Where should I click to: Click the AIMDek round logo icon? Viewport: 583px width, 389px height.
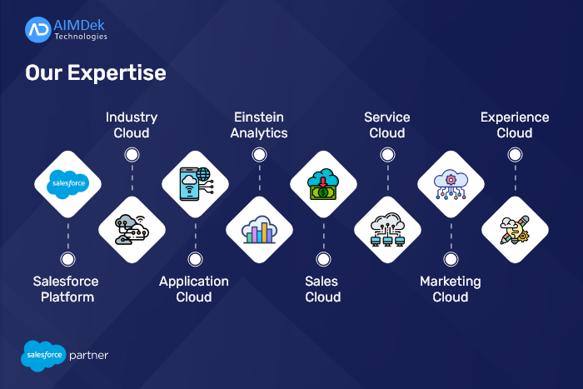point(38,30)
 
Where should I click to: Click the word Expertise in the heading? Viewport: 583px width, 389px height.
point(117,73)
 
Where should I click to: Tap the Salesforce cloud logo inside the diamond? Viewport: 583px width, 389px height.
point(68,184)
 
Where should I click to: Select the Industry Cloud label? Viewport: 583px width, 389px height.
point(132,125)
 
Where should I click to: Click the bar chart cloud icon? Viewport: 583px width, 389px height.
point(259,230)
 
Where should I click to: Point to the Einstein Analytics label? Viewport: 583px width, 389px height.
point(259,125)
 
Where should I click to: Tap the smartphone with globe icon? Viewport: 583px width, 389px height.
point(196,184)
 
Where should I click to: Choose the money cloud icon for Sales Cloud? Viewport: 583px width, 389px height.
point(323,184)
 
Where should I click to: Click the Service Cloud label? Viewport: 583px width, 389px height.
point(387,125)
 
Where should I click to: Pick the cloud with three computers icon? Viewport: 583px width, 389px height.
point(388,229)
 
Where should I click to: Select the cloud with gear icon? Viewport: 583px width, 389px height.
point(451,184)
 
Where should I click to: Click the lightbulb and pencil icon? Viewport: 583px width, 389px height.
point(515,230)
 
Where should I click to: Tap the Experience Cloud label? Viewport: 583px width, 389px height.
point(515,125)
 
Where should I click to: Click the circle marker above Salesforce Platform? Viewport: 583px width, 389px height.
point(67,259)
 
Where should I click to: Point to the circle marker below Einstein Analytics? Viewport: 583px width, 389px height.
point(259,155)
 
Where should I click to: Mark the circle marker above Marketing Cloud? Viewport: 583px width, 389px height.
point(451,259)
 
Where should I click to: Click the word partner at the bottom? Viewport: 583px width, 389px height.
point(88,356)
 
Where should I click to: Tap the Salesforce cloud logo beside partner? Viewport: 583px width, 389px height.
point(43,356)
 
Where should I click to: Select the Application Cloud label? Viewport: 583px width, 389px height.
point(194,289)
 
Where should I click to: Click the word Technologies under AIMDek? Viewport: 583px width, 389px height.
point(81,37)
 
